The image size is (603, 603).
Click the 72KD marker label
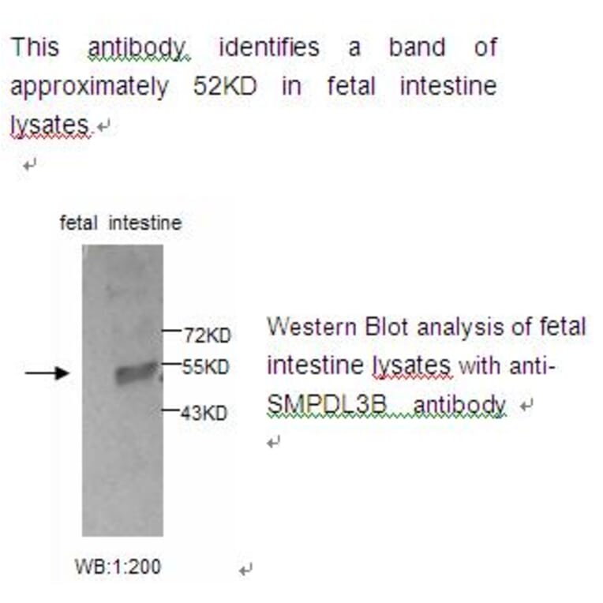pos(207,335)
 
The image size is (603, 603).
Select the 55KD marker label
pos(207,366)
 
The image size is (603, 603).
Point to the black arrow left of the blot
pos(47,373)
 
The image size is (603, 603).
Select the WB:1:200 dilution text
pos(118,566)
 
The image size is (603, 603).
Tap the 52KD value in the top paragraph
pos(224,86)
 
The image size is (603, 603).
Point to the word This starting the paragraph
pos(35,47)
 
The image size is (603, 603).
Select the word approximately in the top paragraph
pos(88,86)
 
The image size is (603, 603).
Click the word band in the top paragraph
pos(417,47)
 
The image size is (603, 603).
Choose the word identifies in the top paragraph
pos(269,47)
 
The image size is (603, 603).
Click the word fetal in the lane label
pos(79,223)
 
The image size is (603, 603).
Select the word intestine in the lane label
pos(145,223)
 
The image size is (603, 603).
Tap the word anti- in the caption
pos(536,366)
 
